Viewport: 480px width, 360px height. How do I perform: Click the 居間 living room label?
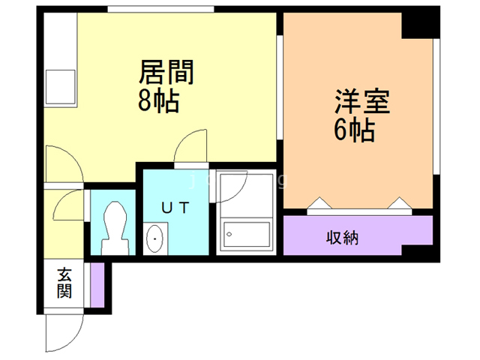click(x=166, y=73)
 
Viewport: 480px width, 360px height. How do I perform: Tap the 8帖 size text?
click(x=158, y=101)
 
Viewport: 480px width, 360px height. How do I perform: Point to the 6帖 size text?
click(x=355, y=131)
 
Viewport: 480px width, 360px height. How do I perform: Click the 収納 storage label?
click(x=342, y=238)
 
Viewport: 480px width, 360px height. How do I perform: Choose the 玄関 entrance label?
click(x=63, y=283)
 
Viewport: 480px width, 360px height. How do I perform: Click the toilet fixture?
click(x=114, y=227)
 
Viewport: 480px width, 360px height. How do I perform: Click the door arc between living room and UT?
click(x=190, y=145)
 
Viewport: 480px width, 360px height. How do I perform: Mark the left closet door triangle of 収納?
click(x=317, y=203)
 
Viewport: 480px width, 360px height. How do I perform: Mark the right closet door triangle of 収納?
click(x=397, y=203)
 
